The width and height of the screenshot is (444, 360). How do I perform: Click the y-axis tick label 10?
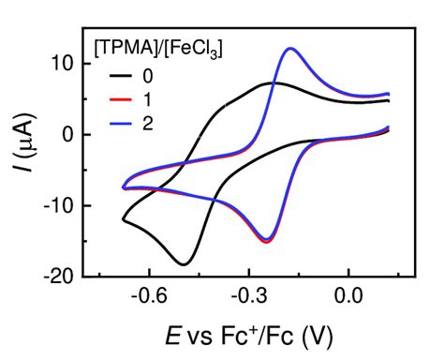click(63, 64)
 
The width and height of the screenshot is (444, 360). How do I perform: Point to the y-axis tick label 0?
click(68, 134)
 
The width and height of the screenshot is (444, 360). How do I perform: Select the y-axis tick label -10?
click(59, 205)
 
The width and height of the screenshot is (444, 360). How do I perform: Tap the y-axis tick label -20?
click(59, 277)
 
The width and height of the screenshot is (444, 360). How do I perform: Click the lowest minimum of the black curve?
click(185, 263)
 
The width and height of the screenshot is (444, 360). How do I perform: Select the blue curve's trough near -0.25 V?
click(267, 240)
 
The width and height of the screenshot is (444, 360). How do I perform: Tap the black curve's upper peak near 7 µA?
click(274, 82)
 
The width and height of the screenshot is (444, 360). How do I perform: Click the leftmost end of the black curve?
click(123, 219)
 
